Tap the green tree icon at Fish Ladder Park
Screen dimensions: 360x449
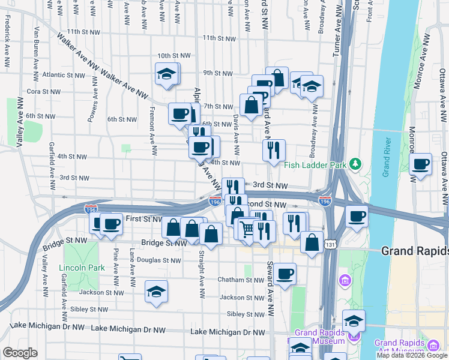click(x=356, y=163)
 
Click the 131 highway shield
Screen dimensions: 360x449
click(x=329, y=245)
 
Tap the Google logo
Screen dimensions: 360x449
click(x=20, y=352)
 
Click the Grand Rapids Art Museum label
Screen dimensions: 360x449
click(x=400, y=347)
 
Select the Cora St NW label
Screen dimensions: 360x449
click(x=44, y=92)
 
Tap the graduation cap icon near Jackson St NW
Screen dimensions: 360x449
click(x=157, y=291)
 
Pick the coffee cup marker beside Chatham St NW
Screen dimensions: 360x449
click(x=285, y=273)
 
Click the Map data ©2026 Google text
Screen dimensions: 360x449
click(x=412, y=355)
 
